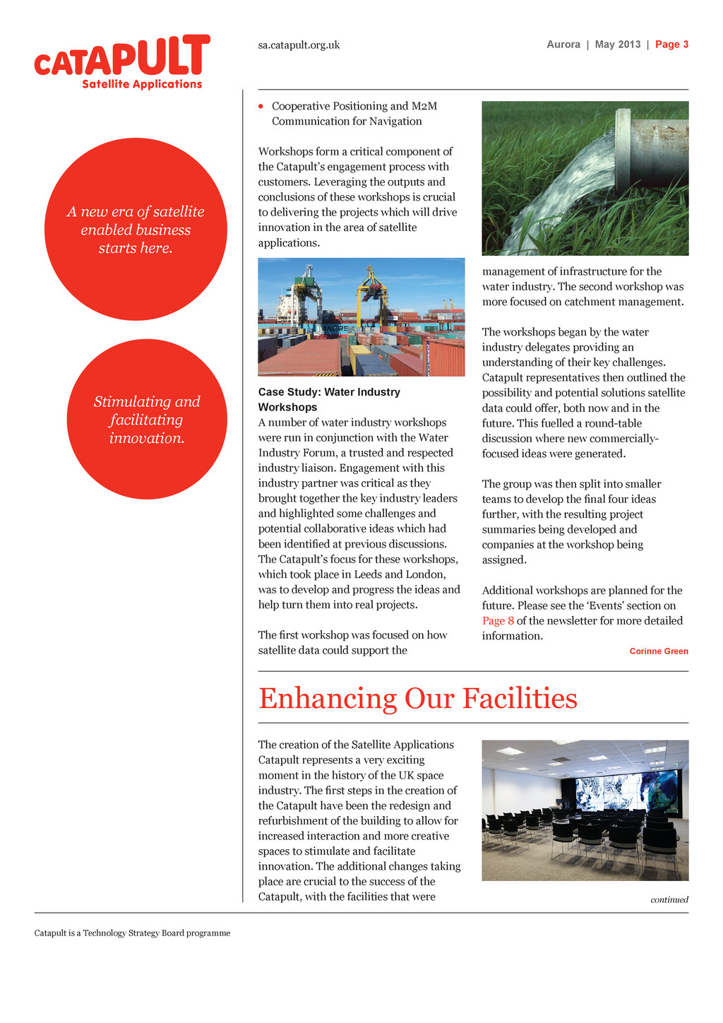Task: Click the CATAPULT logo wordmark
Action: (x=122, y=57)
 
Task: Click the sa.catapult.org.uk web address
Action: (x=299, y=45)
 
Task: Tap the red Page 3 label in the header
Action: (x=671, y=45)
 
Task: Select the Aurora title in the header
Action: (x=563, y=45)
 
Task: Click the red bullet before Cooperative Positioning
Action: (x=261, y=107)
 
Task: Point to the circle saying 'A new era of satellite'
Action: (x=136, y=229)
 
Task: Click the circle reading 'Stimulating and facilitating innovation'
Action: (x=147, y=420)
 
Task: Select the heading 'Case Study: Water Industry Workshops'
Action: (x=329, y=400)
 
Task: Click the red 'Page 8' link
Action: (x=498, y=621)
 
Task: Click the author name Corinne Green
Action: (x=658, y=651)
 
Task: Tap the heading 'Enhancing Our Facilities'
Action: (x=418, y=698)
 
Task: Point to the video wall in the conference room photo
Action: (x=627, y=792)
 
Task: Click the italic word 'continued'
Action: (x=669, y=899)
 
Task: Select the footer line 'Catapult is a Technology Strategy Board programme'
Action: (x=132, y=933)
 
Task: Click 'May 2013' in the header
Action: (x=618, y=45)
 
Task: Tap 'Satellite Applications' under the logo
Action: (x=142, y=85)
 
